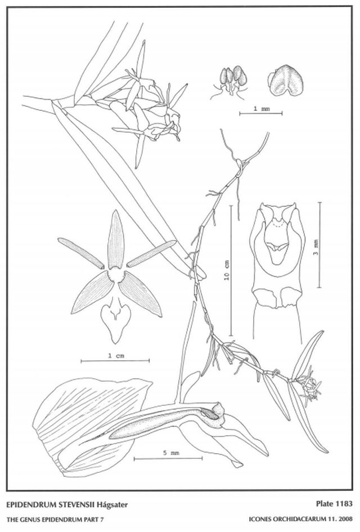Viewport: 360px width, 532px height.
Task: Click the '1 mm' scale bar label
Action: (262, 109)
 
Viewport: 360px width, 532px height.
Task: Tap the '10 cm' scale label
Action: (227, 270)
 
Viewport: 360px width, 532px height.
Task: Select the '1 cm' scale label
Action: (115, 356)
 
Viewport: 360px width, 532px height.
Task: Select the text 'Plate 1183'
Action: (334, 504)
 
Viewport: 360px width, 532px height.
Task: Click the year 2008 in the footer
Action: (345, 519)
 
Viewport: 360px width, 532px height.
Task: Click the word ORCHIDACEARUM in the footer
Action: (294, 519)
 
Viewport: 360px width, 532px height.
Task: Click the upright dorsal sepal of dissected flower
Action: (116, 240)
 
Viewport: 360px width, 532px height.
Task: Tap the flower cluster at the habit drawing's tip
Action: (309, 388)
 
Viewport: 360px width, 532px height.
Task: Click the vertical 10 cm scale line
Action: (232, 270)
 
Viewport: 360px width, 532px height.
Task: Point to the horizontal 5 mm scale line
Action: (168, 459)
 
